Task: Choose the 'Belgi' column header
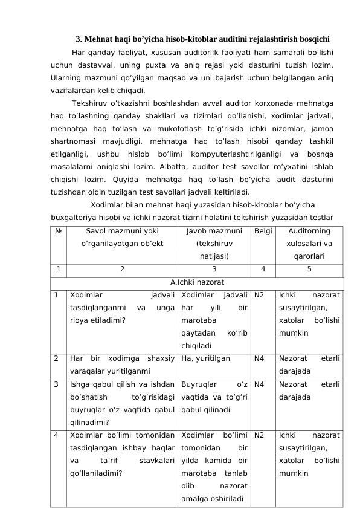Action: coord(263,231)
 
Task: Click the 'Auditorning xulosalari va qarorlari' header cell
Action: coord(309,244)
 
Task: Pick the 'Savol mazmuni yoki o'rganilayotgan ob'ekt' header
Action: coord(122,238)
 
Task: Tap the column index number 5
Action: coord(309,270)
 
